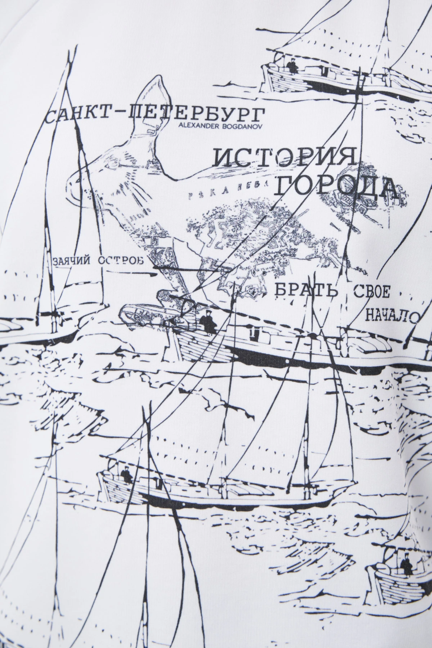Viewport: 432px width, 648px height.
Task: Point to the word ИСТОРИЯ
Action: click(284, 157)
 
